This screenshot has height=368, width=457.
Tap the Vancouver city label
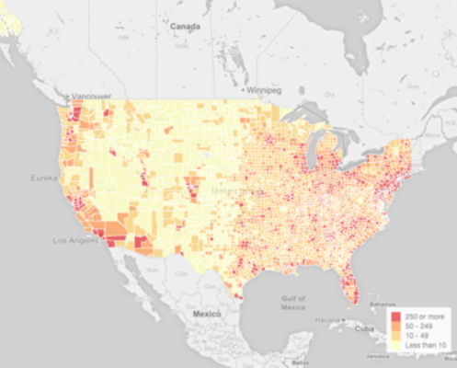click(92, 97)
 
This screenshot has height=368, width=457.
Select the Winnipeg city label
click(268, 91)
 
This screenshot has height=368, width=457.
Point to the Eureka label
click(43, 177)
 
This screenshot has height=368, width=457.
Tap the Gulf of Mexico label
click(292, 304)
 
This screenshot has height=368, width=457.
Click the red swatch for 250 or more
click(395, 317)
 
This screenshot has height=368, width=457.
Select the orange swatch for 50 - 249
click(395, 328)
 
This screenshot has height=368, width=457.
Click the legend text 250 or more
click(424, 317)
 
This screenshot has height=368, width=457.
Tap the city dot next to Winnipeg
click(246, 91)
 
